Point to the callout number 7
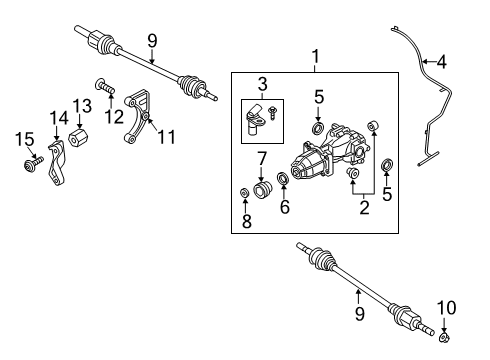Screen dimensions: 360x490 [262, 160]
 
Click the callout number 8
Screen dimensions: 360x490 [246, 223]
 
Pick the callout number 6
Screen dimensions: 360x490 [284, 208]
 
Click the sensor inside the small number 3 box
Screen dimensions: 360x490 [258, 119]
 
